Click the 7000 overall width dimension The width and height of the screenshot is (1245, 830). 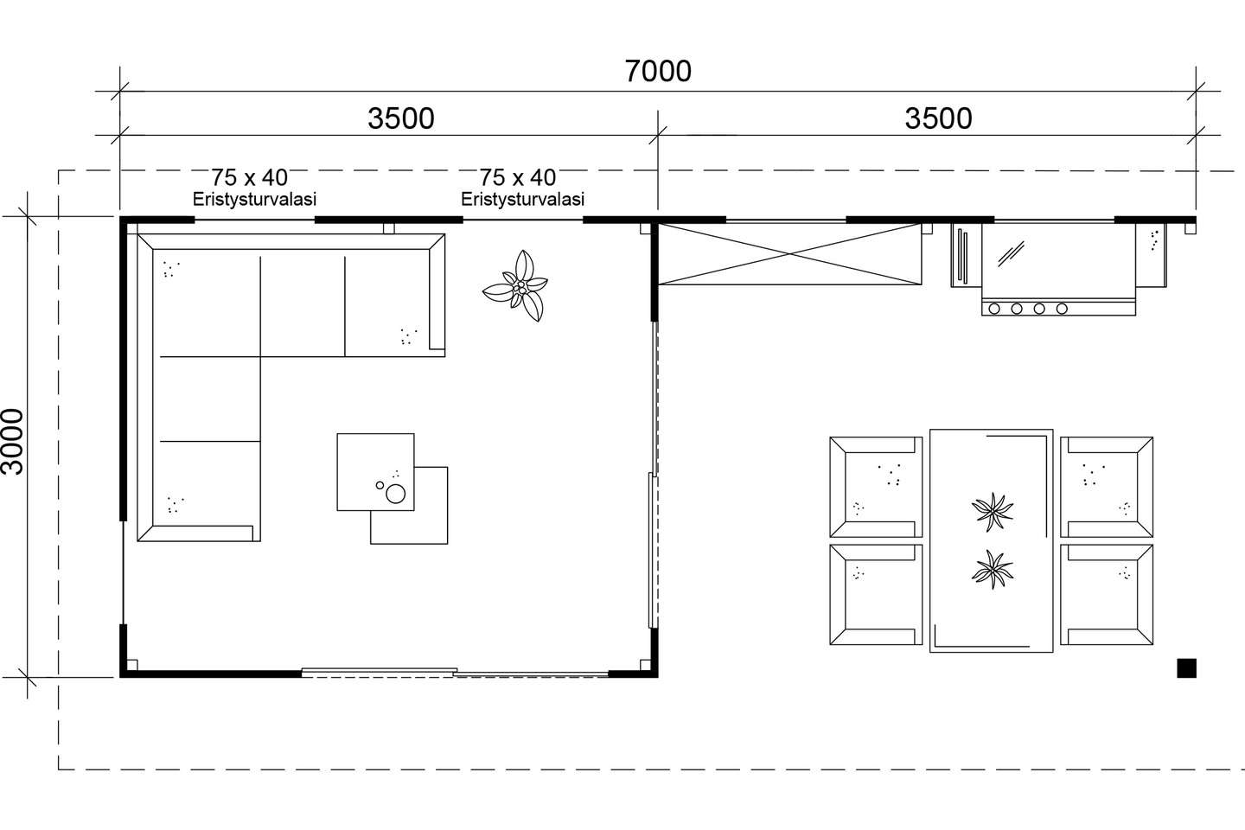tap(658, 71)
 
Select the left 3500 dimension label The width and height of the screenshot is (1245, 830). tap(400, 118)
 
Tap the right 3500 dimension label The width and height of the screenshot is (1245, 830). tap(938, 118)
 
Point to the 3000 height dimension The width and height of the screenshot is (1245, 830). tap(13, 441)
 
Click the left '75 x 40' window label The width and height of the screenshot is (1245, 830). tap(249, 178)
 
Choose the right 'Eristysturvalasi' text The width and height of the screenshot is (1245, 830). tap(522, 200)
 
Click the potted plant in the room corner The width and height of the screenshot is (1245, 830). tap(517, 285)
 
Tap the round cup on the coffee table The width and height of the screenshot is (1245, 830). tap(395, 494)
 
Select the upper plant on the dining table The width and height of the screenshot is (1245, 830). tap(992, 511)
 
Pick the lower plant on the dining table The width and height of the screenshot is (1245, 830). tap(992, 570)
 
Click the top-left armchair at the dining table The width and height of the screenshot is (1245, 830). tap(875, 487)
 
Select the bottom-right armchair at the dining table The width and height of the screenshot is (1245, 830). tap(1108, 594)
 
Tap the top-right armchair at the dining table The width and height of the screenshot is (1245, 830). tap(1108, 487)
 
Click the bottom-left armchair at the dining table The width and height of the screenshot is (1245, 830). tap(875, 594)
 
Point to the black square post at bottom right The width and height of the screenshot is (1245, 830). tap(1186, 667)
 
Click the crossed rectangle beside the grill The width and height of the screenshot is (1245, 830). tap(789, 254)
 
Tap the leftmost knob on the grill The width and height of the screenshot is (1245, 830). tap(994, 309)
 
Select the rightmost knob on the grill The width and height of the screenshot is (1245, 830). tap(1062, 309)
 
